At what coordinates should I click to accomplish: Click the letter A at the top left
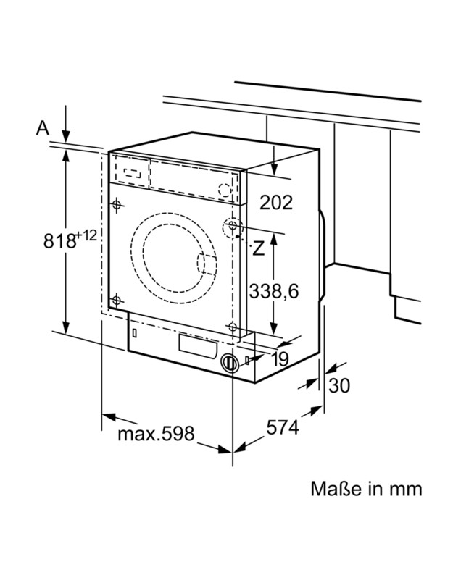coord(43,128)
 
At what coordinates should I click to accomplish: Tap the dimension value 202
coord(275,202)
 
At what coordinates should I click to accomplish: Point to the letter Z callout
coord(258,248)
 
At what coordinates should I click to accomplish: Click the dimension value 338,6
coord(274,291)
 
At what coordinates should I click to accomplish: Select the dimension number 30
coord(338,385)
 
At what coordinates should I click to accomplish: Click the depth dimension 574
coord(282,428)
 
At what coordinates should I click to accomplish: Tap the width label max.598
coord(156,434)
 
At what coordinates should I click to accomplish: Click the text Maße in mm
coord(366,488)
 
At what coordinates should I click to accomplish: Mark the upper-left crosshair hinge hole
coord(116,205)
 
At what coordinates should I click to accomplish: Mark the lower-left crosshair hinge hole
coord(115,299)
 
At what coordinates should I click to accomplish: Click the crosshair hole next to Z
coord(232,227)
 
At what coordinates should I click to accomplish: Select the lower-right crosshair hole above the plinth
coord(232,327)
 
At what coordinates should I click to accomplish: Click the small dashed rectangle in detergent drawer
coord(131,173)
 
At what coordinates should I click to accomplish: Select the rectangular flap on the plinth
coord(197,345)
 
